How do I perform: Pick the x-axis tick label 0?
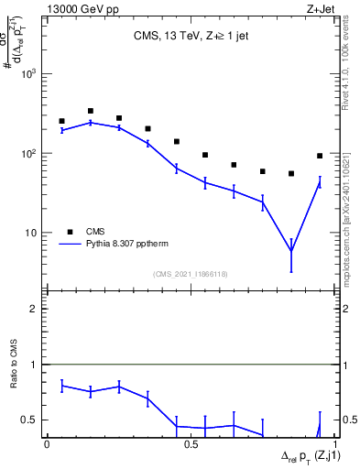point(47,443)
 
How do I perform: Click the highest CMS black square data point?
point(90,111)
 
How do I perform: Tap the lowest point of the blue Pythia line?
point(291,251)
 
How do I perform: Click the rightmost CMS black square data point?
point(320,156)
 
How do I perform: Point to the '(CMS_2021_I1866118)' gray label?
point(191,274)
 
